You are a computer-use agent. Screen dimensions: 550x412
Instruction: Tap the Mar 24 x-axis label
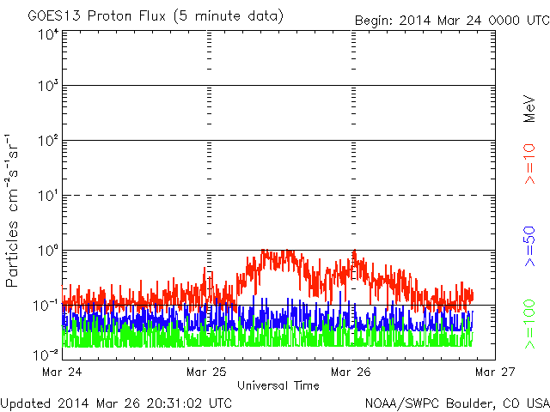[62, 372]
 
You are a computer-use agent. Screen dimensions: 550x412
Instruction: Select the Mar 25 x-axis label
[206, 372]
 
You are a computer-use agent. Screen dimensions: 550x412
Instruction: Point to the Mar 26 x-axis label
[351, 372]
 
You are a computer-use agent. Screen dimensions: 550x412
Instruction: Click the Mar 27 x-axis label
[495, 372]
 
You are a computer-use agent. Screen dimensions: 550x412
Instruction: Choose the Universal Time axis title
[278, 385]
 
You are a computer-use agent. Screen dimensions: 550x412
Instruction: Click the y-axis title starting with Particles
[11, 210]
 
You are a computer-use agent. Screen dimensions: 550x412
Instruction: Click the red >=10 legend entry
[529, 164]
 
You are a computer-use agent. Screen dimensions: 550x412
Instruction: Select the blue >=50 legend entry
[529, 246]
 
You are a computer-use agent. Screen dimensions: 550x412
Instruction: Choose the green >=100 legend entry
[529, 324]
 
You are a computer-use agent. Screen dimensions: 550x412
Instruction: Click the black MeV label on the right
[529, 109]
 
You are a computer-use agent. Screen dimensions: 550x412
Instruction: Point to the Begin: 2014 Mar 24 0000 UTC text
[452, 21]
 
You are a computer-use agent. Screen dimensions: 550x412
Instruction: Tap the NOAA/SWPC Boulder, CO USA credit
[457, 403]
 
